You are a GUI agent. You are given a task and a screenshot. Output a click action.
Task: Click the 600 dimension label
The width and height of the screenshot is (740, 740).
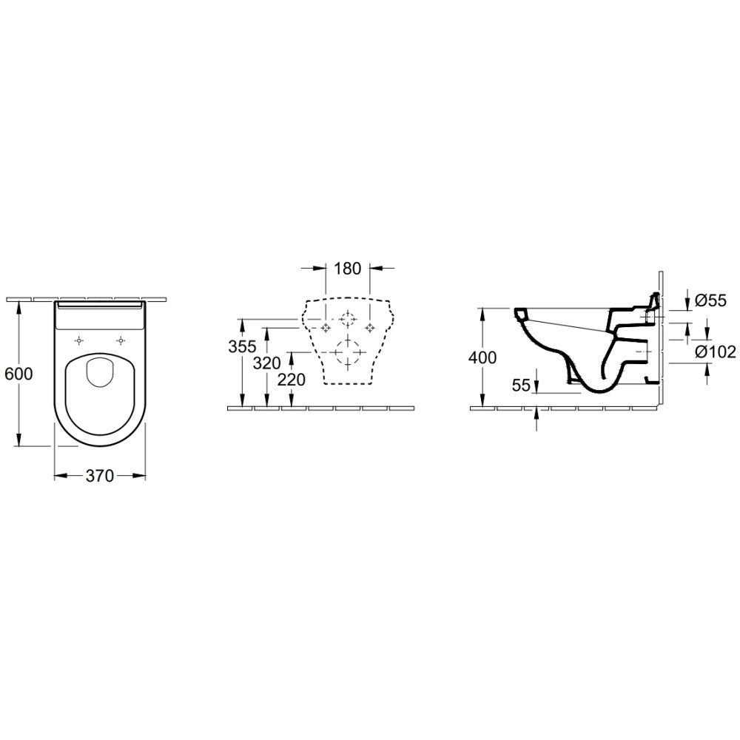pos(18,374)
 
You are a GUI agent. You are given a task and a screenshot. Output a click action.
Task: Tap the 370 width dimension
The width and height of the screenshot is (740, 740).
pos(100,476)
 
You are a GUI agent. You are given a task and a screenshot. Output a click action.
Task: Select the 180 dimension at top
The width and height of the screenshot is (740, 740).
pos(347,269)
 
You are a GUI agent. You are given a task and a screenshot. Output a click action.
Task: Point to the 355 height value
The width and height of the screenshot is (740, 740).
pos(242,346)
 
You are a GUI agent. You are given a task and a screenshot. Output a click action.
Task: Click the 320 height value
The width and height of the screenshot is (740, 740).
pos(266,363)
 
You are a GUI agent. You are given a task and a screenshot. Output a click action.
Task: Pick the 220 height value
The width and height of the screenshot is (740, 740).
pos(291,380)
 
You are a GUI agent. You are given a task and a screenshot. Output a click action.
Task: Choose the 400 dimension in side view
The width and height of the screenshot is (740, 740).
pos(482,357)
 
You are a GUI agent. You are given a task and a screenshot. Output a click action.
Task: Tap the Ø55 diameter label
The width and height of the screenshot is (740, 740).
pos(711,300)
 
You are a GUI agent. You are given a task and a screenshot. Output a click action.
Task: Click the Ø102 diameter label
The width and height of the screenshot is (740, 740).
pos(716,351)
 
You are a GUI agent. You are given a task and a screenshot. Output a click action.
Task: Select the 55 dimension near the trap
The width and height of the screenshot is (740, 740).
pos(522,386)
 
